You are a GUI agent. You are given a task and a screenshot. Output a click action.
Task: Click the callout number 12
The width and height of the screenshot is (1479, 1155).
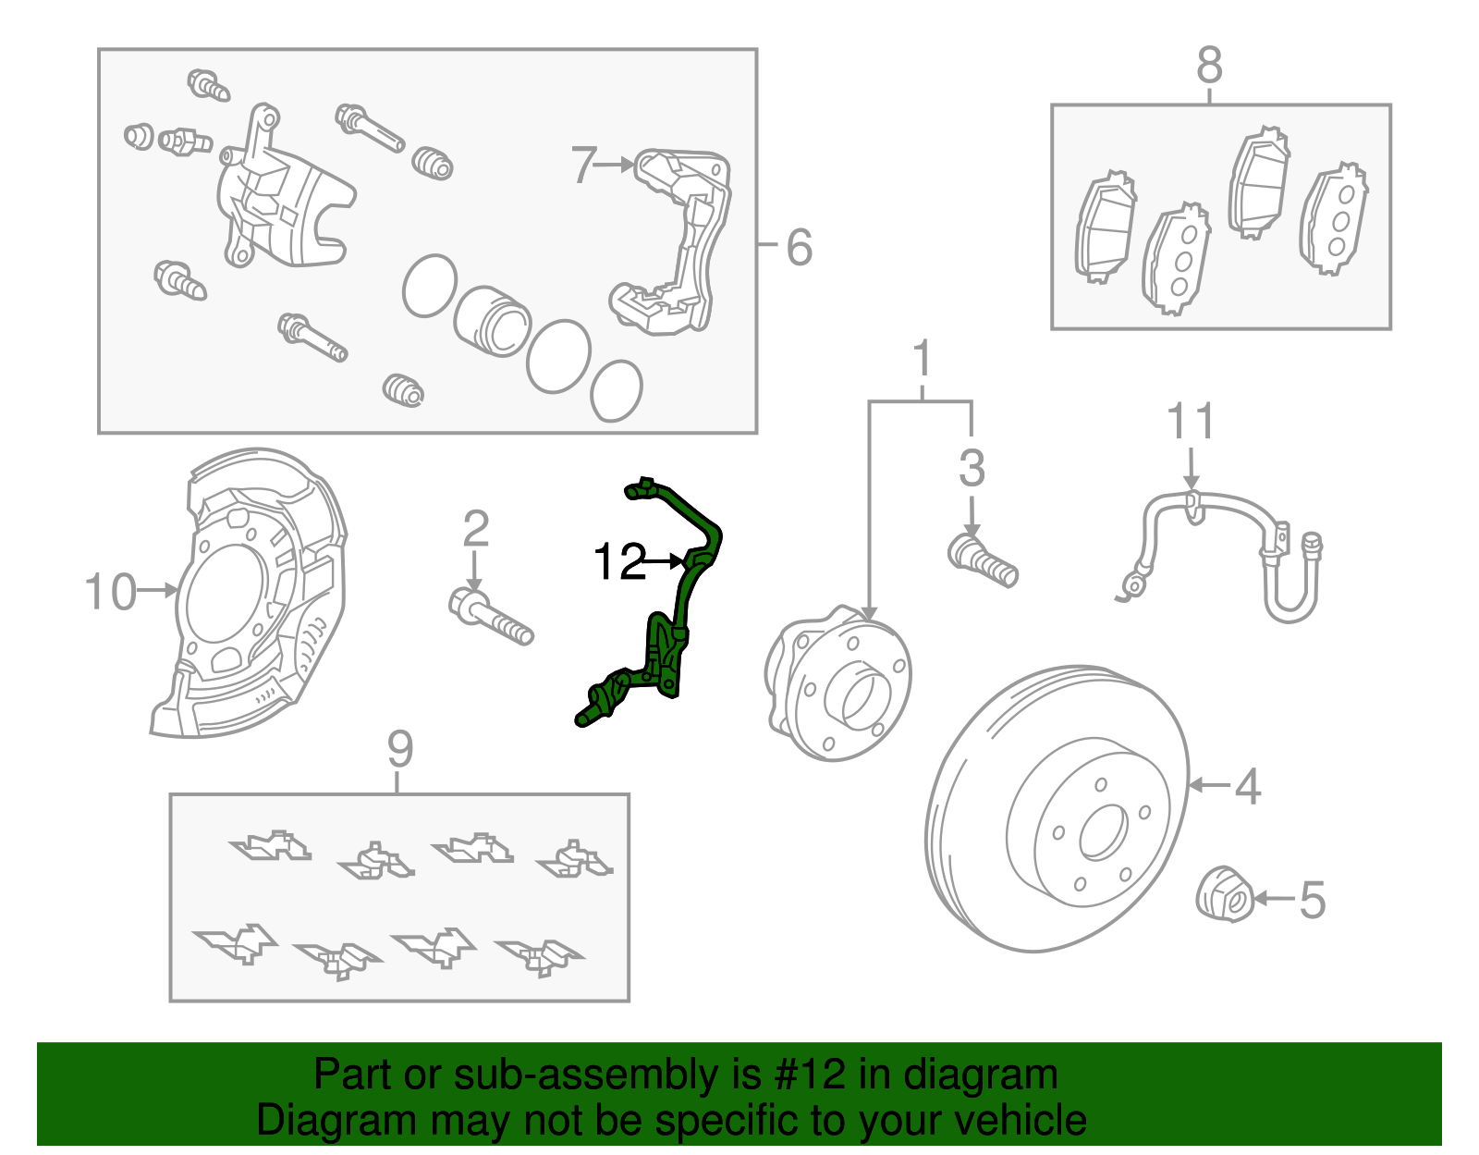pyautogui.click(x=618, y=561)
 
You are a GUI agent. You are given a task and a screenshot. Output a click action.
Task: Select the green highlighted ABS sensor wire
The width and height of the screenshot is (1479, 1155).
pyautogui.click(x=685, y=592)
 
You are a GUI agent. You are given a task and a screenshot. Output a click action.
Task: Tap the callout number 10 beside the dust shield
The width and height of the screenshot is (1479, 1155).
pyautogui.click(x=109, y=591)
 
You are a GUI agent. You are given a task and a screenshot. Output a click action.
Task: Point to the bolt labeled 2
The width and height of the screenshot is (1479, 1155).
pyautogui.click(x=491, y=618)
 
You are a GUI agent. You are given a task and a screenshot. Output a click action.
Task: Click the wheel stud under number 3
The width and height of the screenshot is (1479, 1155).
pyautogui.click(x=983, y=559)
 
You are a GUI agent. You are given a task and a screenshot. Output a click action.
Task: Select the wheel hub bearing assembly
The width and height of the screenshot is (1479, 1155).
pyautogui.click(x=837, y=685)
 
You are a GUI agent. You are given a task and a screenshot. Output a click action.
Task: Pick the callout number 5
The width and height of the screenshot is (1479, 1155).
pyautogui.click(x=1313, y=900)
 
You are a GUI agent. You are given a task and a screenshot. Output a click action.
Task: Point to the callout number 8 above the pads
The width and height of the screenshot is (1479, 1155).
pyautogui.click(x=1209, y=67)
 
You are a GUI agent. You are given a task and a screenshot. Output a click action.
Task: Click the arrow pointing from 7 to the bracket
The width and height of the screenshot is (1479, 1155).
pyautogui.click(x=614, y=165)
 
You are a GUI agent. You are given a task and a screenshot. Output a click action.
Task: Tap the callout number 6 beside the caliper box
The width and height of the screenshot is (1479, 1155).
pyautogui.click(x=799, y=247)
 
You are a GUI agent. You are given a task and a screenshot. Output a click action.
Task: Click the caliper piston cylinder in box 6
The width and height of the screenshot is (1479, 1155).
pyautogui.click(x=492, y=321)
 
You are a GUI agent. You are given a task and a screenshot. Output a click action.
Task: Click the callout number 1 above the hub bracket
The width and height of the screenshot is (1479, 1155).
pyautogui.click(x=921, y=360)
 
